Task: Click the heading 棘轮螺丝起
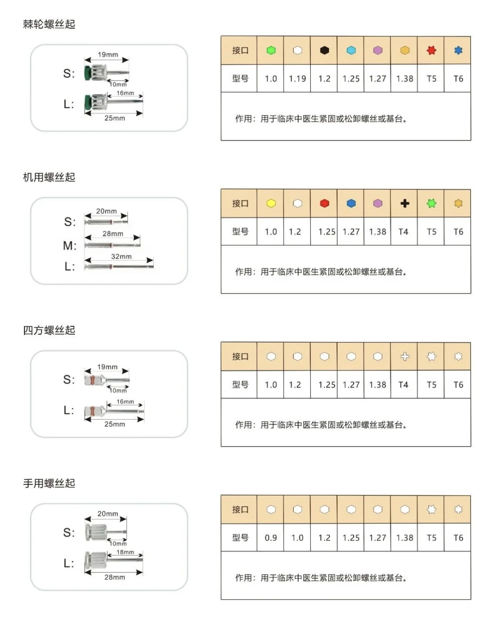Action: point(49,24)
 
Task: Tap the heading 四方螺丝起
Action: point(49,330)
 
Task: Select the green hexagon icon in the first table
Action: point(271,50)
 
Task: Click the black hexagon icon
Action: point(325,50)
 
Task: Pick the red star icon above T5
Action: point(431,50)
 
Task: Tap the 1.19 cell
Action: point(297,79)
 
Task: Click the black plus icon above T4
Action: point(405,203)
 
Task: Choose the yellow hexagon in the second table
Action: point(271,203)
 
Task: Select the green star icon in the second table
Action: point(431,203)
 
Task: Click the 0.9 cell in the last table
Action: point(271,538)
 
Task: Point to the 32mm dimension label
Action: point(121,256)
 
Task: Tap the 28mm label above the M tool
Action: point(113,234)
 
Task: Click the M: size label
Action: point(69,245)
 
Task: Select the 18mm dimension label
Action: point(125,552)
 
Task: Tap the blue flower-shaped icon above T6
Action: point(458,50)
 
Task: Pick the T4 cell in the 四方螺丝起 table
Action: point(403,385)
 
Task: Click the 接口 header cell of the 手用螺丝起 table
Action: point(240,509)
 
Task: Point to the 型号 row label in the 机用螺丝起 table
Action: point(240,232)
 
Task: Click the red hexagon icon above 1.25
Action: point(325,203)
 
